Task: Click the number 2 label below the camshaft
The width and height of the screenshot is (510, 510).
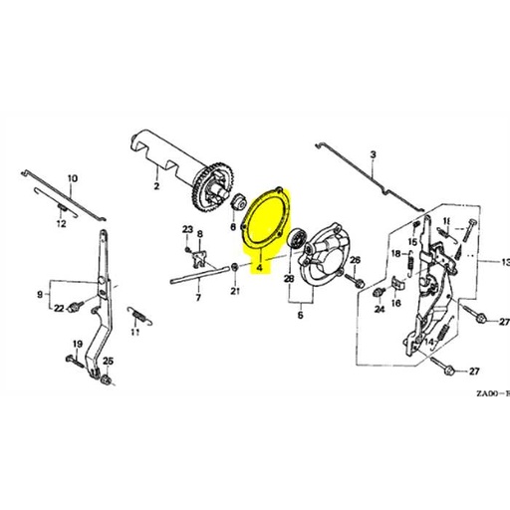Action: (156, 186)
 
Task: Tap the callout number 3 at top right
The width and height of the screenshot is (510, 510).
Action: (373, 154)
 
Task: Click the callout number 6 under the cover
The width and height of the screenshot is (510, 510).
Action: (299, 314)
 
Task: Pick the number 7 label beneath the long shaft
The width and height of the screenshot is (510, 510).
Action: (197, 297)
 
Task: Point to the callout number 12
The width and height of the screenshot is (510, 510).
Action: (61, 225)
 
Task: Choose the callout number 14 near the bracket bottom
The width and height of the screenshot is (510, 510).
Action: (430, 342)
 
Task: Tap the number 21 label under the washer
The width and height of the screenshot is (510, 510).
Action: (235, 292)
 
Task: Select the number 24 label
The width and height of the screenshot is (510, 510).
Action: (379, 310)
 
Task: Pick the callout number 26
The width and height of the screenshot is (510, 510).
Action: (355, 261)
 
